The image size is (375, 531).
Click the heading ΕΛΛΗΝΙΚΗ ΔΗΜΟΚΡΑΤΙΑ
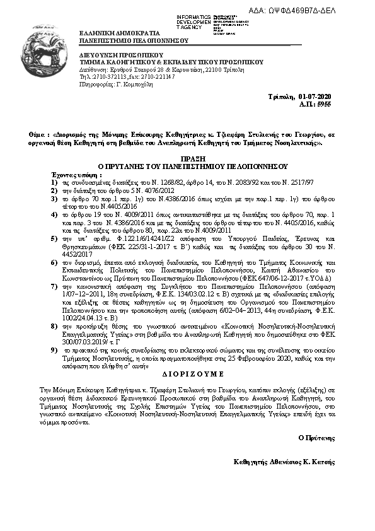113,32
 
